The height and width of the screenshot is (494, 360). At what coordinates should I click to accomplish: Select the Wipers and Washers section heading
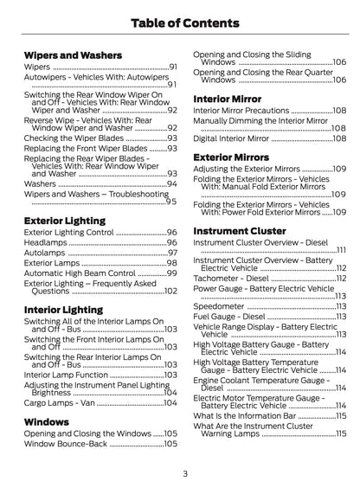(x=73, y=55)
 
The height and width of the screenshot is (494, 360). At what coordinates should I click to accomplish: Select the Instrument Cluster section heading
(x=239, y=232)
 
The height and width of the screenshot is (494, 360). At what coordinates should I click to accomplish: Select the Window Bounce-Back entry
(x=66, y=443)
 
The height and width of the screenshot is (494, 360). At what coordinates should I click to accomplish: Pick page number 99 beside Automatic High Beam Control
(x=171, y=273)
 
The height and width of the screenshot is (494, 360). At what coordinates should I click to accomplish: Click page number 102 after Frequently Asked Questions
(x=170, y=292)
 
